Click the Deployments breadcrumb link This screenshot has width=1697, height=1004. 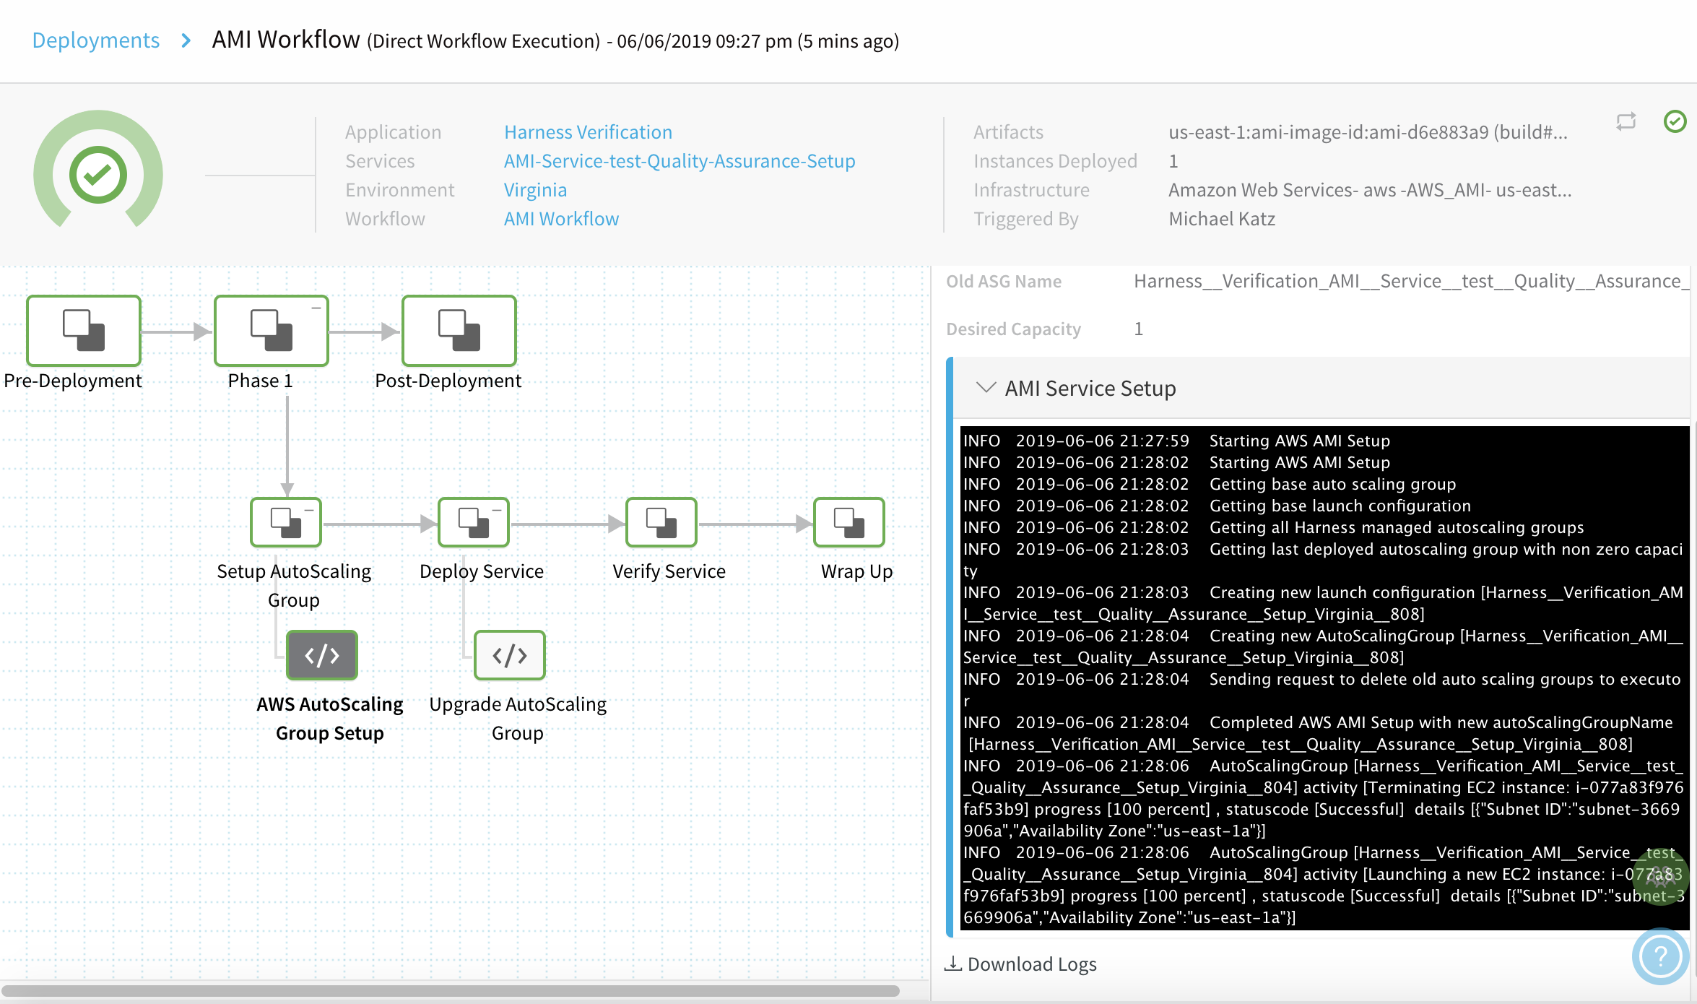tap(96, 40)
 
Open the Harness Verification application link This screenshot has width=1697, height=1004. tap(588, 132)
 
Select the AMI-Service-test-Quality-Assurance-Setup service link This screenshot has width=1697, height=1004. tap(680, 161)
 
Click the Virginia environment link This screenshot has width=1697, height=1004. tap(535, 190)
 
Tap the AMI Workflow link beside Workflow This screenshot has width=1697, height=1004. tap(561, 219)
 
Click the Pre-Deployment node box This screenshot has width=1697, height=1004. tap(84, 331)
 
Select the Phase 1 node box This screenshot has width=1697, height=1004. tap(272, 331)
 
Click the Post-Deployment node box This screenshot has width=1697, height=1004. tap(459, 331)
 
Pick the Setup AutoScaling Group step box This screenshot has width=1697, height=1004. tap(286, 522)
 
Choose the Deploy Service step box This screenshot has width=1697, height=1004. tap(474, 522)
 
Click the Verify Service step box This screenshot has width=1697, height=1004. tap(661, 522)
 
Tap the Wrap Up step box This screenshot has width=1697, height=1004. tap(849, 522)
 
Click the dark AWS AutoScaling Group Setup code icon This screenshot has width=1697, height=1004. tap(322, 655)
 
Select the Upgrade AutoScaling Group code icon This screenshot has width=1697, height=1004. tap(510, 655)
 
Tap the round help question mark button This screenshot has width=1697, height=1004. tap(1660, 956)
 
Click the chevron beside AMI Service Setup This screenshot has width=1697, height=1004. tap(986, 388)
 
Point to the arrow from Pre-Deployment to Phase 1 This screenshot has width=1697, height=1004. tap(176, 332)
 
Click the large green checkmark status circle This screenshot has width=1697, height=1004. tap(98, 175)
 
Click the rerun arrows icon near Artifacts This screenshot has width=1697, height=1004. tap(1626, 121)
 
